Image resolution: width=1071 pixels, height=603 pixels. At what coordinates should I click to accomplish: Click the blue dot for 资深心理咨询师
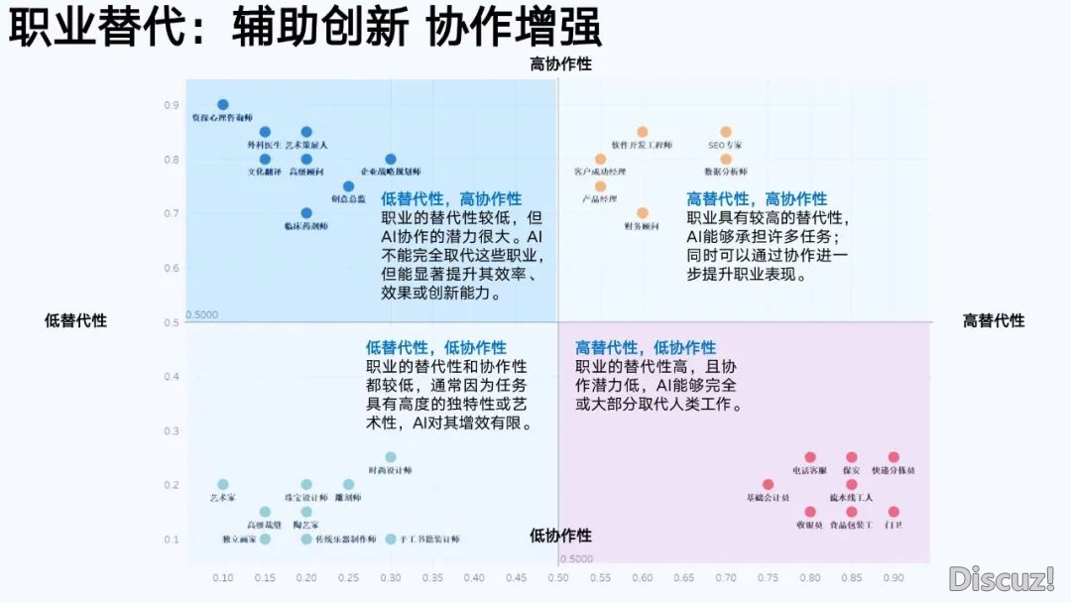click(x=223, y=104)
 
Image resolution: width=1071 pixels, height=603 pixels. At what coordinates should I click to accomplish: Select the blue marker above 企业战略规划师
click(x=391, y=159)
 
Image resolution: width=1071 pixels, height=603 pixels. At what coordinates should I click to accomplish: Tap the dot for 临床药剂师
click(x=306, y=213)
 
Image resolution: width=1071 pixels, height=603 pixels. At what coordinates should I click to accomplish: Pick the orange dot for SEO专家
click(x=726, y=132)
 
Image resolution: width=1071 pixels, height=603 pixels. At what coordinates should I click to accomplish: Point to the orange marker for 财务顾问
click(x=643, y=213)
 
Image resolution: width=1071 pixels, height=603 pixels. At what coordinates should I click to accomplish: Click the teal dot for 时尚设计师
click(x=391, y=457)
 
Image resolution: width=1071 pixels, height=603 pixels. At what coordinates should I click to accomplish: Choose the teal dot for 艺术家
click(x=223, y=485)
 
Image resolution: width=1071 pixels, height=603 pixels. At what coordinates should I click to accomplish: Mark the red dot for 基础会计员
click(x=768, y=485)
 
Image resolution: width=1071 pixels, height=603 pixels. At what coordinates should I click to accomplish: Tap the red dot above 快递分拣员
click(x=893, y=457)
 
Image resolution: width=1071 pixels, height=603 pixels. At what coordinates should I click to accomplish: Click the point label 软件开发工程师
click(x=642, y=146)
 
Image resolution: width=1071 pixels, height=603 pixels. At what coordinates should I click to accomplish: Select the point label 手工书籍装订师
click(x=429, y=540)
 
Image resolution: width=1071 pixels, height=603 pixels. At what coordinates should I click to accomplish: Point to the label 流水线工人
click(x=851, y=498)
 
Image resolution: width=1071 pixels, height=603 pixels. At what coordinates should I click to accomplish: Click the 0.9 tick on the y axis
click(x=172, y=105)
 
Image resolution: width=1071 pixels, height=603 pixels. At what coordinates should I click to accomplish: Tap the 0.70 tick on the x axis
click(x=726, y=576)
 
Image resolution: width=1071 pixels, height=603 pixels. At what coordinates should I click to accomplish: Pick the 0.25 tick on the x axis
click(x=348, y=576)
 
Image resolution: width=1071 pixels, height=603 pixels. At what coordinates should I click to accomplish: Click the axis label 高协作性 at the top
click(x=560, y=64)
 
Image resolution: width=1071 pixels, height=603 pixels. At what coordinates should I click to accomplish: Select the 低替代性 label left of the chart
click(x=75, y=320)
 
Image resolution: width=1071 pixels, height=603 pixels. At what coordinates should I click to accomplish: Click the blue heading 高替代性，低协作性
click(x=646, y=348)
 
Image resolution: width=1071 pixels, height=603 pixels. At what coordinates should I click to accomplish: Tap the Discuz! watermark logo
click(x=1001, y=578)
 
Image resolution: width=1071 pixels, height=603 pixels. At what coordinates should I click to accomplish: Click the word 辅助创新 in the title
click(x=319, y=29)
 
